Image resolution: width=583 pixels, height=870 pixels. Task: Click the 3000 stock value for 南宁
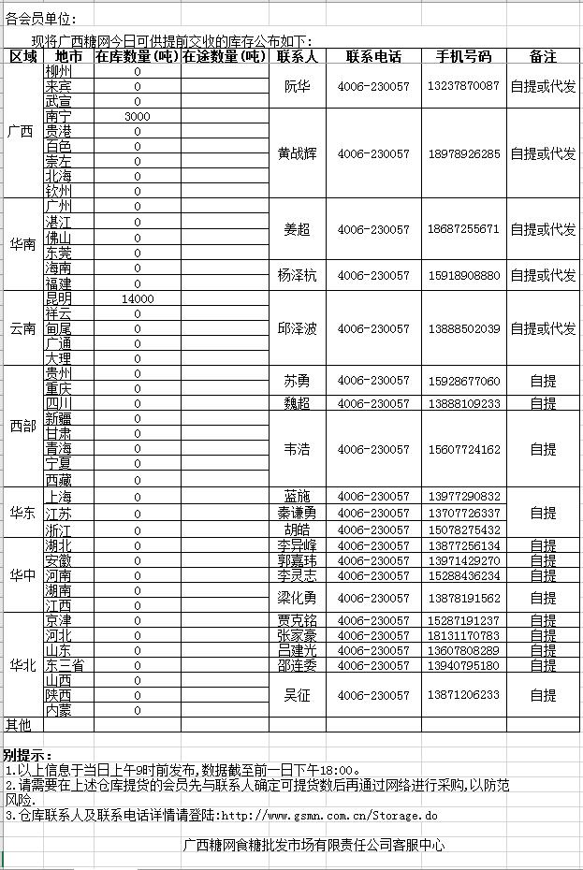coord(137,117)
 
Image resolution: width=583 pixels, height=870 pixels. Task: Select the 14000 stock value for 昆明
coord(137,298)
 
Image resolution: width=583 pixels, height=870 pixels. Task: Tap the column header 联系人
coord(297,57)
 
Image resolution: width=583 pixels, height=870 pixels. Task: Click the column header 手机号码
coord(463,57)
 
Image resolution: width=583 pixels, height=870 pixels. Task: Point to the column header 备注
coord(543,57)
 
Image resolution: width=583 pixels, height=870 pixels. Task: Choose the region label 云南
coord(22,328)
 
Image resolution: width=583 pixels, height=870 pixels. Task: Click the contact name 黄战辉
coord(297,153)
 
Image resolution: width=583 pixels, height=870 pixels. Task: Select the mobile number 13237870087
coord(463,86)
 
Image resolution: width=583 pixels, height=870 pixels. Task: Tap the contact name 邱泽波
coord(297,329)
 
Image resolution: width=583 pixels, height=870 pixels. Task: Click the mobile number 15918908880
coord(463,276)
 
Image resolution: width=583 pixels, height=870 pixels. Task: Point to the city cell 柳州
coord(58,71)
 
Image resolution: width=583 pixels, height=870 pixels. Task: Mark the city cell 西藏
coord(58,480)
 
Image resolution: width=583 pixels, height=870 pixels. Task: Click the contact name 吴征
coord(297,696)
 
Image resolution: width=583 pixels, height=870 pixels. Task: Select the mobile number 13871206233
coord(463,696)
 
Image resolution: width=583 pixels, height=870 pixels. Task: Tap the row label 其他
coord(19,725)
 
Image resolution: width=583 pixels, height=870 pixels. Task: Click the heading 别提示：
coord(28,755)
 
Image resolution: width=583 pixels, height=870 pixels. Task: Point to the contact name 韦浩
coord(297,450)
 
